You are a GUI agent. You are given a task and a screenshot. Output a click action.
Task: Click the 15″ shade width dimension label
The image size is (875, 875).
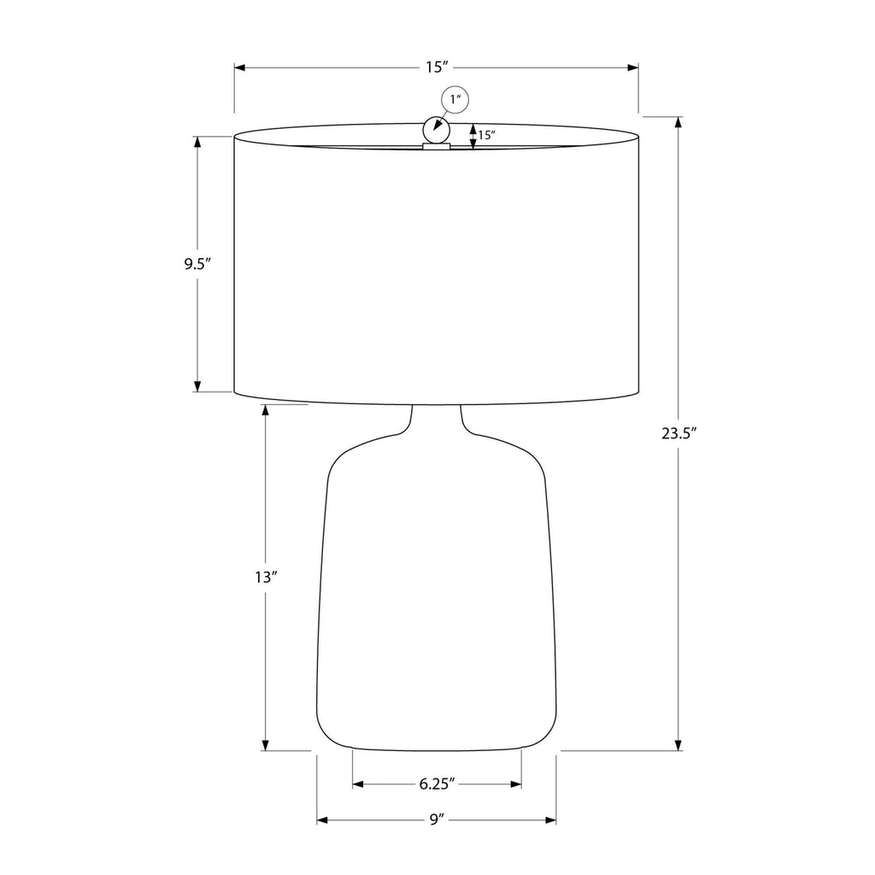(x=437, y=68)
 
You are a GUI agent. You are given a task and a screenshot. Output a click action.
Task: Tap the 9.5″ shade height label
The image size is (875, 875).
(x=197, y=264)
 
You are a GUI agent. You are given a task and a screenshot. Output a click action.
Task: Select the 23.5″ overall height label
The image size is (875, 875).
(x=679, y=433)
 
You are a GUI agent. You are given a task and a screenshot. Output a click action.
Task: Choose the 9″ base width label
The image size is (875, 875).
(x=437, y=819)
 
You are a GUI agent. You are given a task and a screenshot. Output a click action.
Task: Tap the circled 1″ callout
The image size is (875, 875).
(x=455, y=101)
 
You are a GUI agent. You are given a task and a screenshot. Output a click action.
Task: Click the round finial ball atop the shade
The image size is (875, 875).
(x=437, y=130)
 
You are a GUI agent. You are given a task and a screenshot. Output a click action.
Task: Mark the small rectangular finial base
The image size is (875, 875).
(x=437, y=147)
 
